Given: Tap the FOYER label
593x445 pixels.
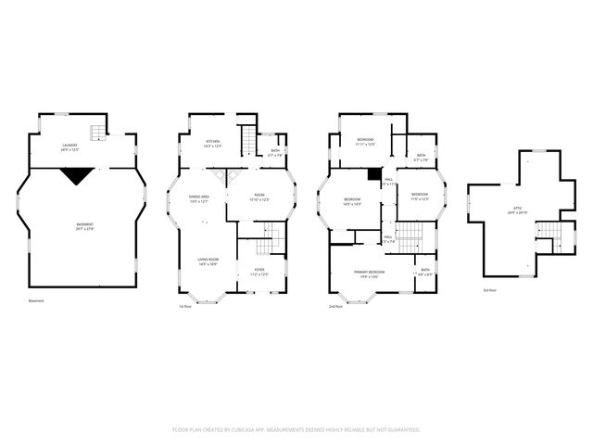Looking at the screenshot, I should pyautogui.click(x=259, y=272).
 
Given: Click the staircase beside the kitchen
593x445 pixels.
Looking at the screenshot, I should pyautogui.click(x=247, y=140).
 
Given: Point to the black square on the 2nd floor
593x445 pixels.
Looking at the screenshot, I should pyautogui.click(x=373, y=173).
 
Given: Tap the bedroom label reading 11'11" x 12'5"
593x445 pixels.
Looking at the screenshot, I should pyautogui.click(x=364, y=142).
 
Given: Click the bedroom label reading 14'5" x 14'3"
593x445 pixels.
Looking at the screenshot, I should pyautogui.click(x=352, y=202).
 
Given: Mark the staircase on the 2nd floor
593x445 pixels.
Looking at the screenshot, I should pyautogui.click(x=410, y=235).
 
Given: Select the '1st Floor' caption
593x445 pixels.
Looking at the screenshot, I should pyautogui.click(x=185, y=306).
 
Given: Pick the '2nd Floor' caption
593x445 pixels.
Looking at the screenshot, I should pyautogui.click(x=336, y=306).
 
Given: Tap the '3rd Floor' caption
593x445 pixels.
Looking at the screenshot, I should pyautogui.click(x=489, y=290).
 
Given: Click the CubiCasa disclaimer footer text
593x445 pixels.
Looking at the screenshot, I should pyautogui.click(x=296, y=429).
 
